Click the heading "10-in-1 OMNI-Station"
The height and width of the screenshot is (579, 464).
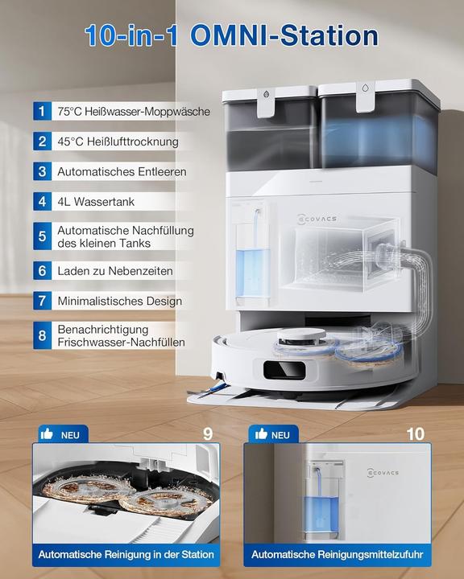tap(232, 35)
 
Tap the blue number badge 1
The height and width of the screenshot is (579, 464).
tap(41, 112)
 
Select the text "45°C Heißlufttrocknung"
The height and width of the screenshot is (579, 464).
tap(118, 142)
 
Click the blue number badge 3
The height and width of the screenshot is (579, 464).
tap(41, 171)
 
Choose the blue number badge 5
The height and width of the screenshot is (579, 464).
tap(41, 236)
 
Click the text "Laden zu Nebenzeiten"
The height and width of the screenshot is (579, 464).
tap(115, 272)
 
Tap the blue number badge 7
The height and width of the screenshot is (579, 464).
tap(41, 302)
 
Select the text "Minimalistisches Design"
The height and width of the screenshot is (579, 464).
tap(119, 302)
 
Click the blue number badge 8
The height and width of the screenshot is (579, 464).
tap(41, 336)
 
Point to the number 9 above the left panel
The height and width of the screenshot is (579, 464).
tap(208, 434)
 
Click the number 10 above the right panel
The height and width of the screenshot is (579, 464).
tap(416, 434)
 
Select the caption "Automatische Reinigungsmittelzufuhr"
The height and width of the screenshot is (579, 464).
tap(337, 554)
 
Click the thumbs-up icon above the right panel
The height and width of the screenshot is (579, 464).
tap(261, 434)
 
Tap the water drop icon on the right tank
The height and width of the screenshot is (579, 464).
tap(366, 92)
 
